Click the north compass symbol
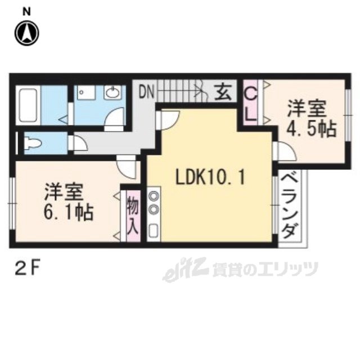[27, 34]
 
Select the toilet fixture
[34, 142]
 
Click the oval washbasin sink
[112, 93]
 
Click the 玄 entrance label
[223, 92]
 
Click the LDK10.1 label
[210, 177]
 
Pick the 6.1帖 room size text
[69, 212]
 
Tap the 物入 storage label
[133, 214]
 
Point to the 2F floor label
[26, 269]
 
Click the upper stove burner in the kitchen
[154, 196]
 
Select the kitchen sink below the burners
[154, 231]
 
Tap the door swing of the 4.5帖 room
[285, 151]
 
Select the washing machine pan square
[86, 93]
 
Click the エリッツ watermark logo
[240, 271]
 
